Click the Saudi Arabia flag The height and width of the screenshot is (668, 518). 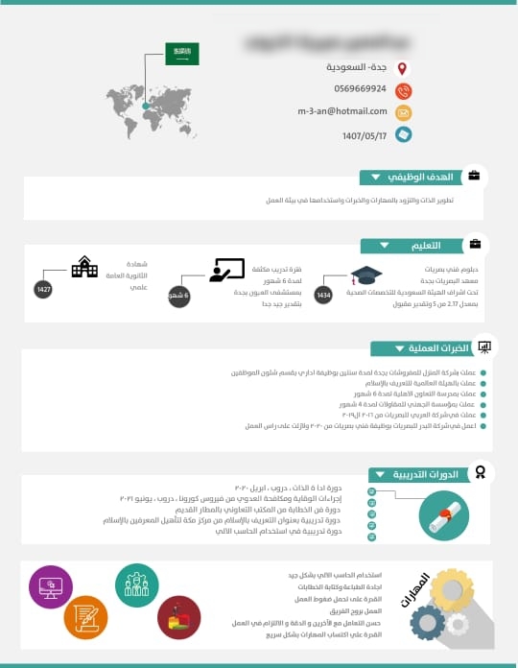[x=181, y=54]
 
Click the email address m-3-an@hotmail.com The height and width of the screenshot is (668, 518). [x=341, y=111]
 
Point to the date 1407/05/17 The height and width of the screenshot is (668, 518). [x=365, y=135]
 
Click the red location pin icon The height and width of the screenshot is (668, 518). [x=404, y=68]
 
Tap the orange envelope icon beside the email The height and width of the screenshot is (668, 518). [x=404, y=112]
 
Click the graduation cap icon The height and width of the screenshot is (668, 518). [x=365, y=276]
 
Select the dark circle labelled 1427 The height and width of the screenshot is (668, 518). [x=43, y=289]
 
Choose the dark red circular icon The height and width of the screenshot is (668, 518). [x=178, y=617]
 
